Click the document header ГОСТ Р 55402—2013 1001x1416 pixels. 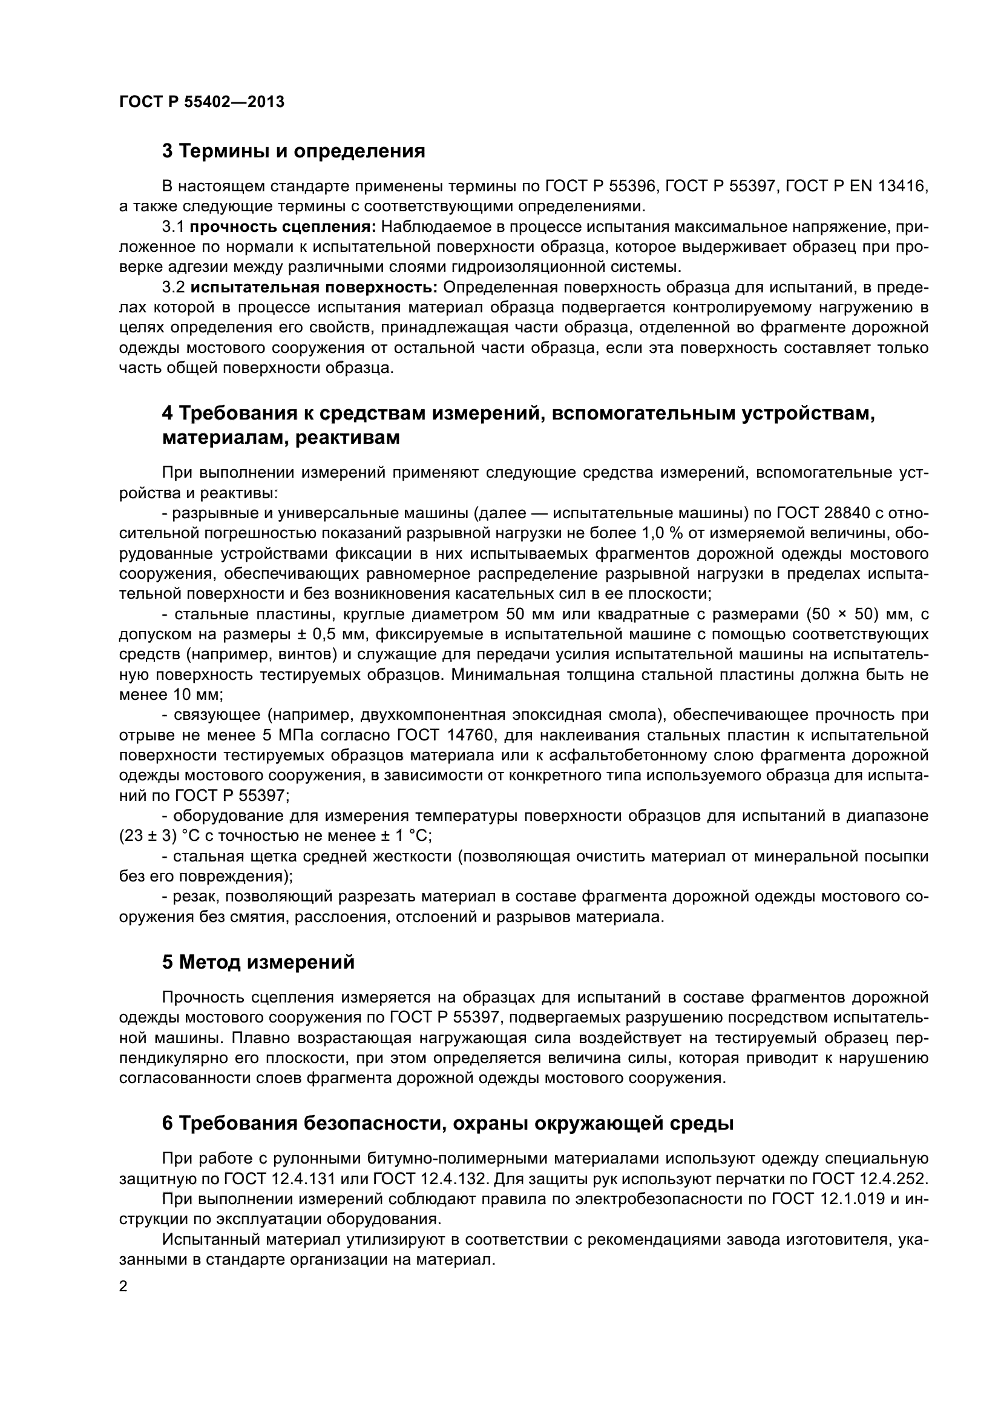(202, 102)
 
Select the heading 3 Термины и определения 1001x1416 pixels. (294, 151)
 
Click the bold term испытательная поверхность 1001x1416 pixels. (313, 288)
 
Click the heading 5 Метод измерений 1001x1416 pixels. (258, 962)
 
